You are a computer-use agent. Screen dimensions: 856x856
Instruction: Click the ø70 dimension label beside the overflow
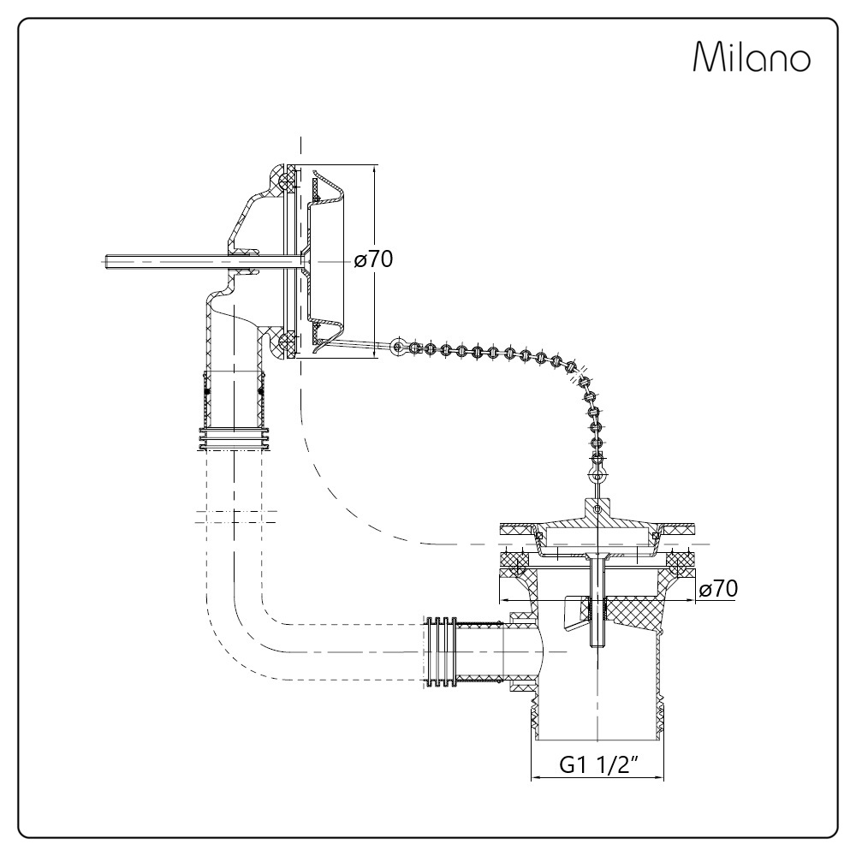pos(373,260)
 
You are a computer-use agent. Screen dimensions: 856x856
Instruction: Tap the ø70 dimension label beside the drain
pos(718,588)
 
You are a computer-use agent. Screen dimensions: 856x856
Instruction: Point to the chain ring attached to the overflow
pos(395,347)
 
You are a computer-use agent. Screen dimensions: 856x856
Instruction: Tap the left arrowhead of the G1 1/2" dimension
pos(536,778)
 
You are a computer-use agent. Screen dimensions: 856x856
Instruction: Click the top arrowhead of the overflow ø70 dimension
pos(376,168)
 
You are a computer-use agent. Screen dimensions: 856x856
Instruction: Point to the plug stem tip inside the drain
pos(597,640)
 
